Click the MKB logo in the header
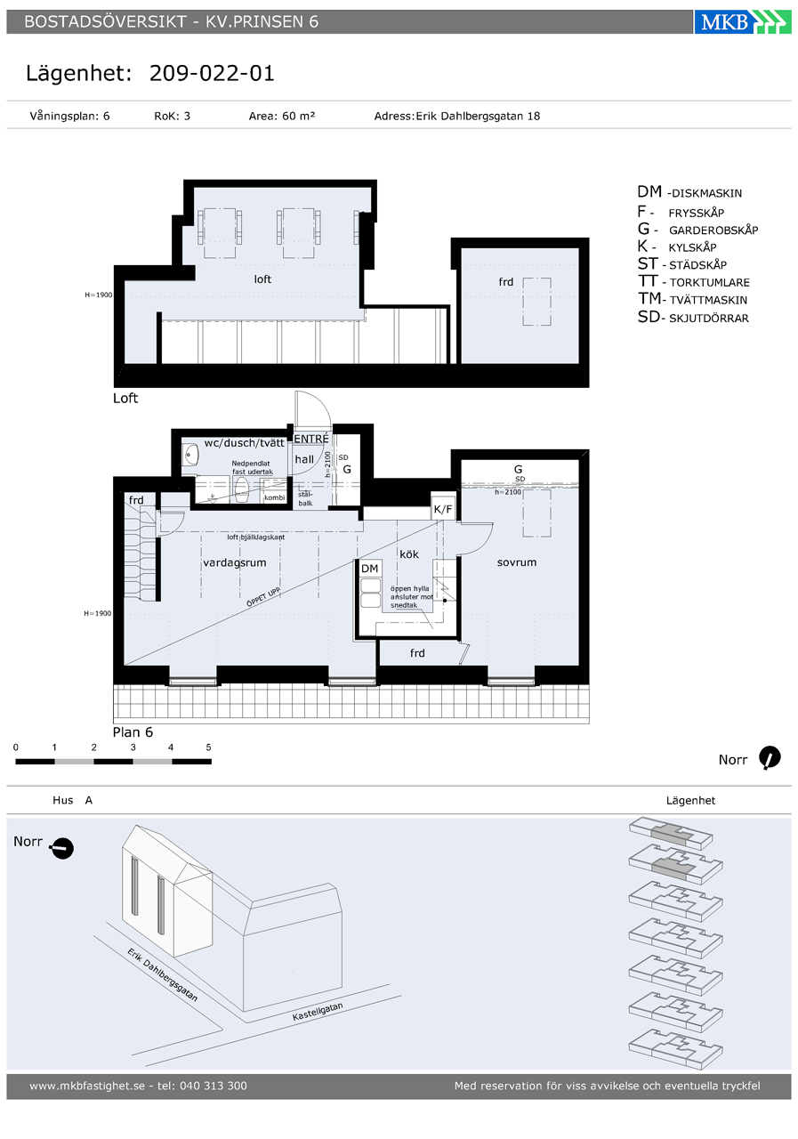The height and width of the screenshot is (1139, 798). [x=743, y=22]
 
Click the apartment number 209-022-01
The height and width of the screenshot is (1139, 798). [x=212, y=73]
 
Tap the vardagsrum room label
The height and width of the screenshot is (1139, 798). [x=234, y=562]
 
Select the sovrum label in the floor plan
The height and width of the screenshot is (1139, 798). [x=516, y=561]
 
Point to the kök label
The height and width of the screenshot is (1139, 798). [x=409, y=553]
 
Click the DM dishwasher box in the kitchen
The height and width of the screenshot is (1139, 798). [x=370, y=568]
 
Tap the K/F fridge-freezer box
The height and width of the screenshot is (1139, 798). [x=443, y=509]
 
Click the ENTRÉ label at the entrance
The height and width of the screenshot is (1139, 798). [x=311, y=439]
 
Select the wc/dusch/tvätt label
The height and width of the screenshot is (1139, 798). [x=244, y=443]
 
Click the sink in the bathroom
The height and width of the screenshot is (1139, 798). [x=191, y=454]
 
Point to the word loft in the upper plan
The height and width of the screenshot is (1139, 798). [x=262, y=279]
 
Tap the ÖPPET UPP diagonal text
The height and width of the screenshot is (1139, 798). [x=262, y=597]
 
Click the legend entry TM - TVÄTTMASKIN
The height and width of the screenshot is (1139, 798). [x=693, y=299]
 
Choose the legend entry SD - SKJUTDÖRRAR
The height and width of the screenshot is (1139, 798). [x=693, y=318]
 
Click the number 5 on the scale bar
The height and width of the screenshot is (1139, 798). [x=208, y=747]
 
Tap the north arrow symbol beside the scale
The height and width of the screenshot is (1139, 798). [x=770, y=757]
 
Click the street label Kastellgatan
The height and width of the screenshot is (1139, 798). [x=318, y=1011]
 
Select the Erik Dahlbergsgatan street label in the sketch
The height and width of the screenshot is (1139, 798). [x=162, y=973]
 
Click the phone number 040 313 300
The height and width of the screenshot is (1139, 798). [x=214, y=1086]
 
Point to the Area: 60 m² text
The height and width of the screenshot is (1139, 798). [x=282, y=116]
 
